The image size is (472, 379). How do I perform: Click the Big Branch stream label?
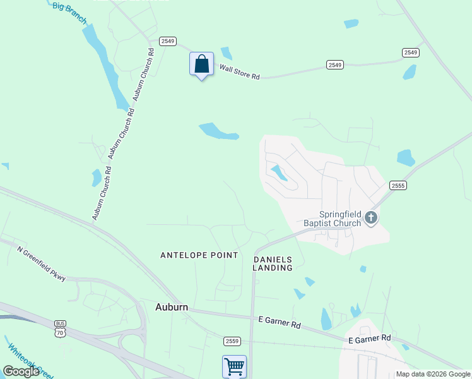pos(69,9)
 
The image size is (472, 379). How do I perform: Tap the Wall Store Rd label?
pos(240,71)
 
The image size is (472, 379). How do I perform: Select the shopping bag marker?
pos(201,64)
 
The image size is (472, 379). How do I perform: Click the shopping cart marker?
pos(234,366)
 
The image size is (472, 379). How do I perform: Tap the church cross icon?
pos(371,218)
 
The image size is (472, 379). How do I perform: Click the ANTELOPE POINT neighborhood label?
pos(199,255)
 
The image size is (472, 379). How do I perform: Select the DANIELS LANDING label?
pos(273,263)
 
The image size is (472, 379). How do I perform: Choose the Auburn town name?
pos(172,307)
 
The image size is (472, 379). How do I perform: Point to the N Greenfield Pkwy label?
pos(42,263)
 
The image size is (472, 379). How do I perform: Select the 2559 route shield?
pos(232,341)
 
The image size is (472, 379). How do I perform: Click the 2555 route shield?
pos(398,185)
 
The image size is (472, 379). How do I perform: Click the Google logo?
pos(21,371)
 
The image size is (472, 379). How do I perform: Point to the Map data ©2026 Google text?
pos(433,374)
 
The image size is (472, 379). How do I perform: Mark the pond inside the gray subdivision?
pos(278,172)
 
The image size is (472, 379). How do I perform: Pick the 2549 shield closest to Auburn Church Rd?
pos(167,41)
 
